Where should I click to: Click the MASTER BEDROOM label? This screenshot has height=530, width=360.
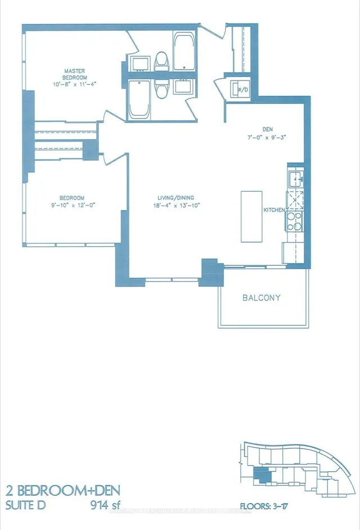[x=75, y=74]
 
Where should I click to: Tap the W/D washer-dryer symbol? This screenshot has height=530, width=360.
[x=242, y=89]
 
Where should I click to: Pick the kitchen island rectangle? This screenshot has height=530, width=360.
[x=251, y=216]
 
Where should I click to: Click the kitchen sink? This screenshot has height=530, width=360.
[x=295, y=179]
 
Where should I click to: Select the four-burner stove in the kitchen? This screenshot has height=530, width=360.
[x=295, y=221]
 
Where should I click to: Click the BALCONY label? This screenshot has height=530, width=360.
[x=262, y=297]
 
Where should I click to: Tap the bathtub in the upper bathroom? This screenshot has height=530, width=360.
[x=183, y=52]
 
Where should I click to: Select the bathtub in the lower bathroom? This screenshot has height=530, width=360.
[x=139, y=99]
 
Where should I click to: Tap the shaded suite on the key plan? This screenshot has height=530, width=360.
[x=262, y=475]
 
